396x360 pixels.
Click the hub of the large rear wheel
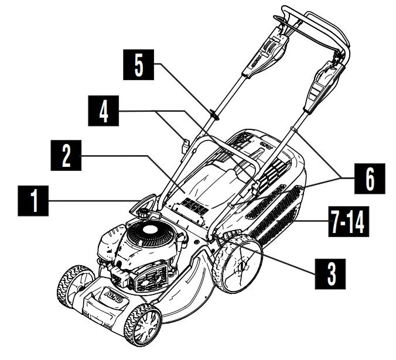240,266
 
